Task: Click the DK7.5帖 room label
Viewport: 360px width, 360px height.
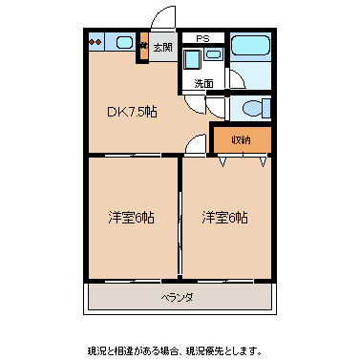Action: pyautogui.click(x=131, y=112)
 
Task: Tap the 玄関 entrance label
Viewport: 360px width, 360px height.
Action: pyautogui.click(x=162, y=46)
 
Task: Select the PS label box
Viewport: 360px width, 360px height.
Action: pyautogui.click(x=202, y=38)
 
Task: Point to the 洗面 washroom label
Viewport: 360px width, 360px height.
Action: pyautogui.click(x=203, y=83)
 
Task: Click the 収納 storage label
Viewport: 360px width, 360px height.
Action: pyautogui.click(x=240, y=140)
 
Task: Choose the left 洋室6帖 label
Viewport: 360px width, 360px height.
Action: pyautogui.click(x=131, y=217)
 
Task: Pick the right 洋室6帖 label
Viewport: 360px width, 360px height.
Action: pyautogui.click(x=224, y=217)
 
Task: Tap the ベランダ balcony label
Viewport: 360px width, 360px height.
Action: pyautogui.click(x=177, y=298)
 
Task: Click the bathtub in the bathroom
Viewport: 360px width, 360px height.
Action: pyautogui.click(x=251, y=46)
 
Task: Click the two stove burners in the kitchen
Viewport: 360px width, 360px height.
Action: pyautogui.click(x=95, y=42)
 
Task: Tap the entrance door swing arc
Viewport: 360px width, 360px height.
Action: pyautogui.click(x=164, y=19)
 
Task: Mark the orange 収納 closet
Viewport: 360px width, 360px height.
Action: pyautogui.click(x=240, y=139)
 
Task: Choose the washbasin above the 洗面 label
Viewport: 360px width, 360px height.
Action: pyautogui.click(x=212, y=56)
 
